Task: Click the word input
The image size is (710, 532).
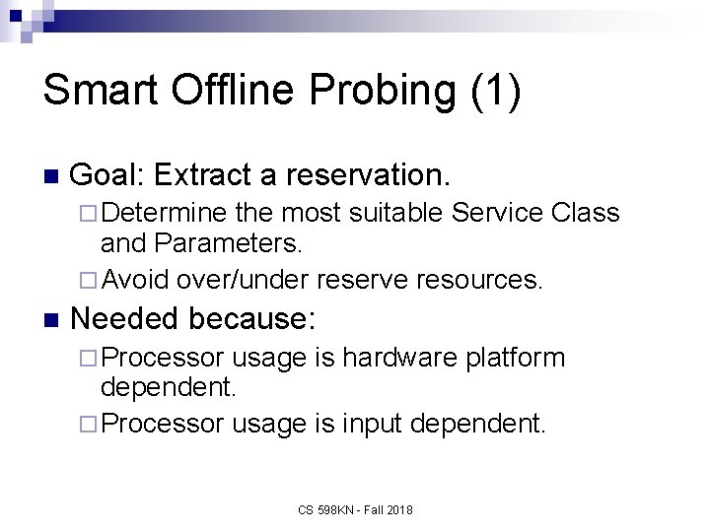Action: click(x=379, y=423)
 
